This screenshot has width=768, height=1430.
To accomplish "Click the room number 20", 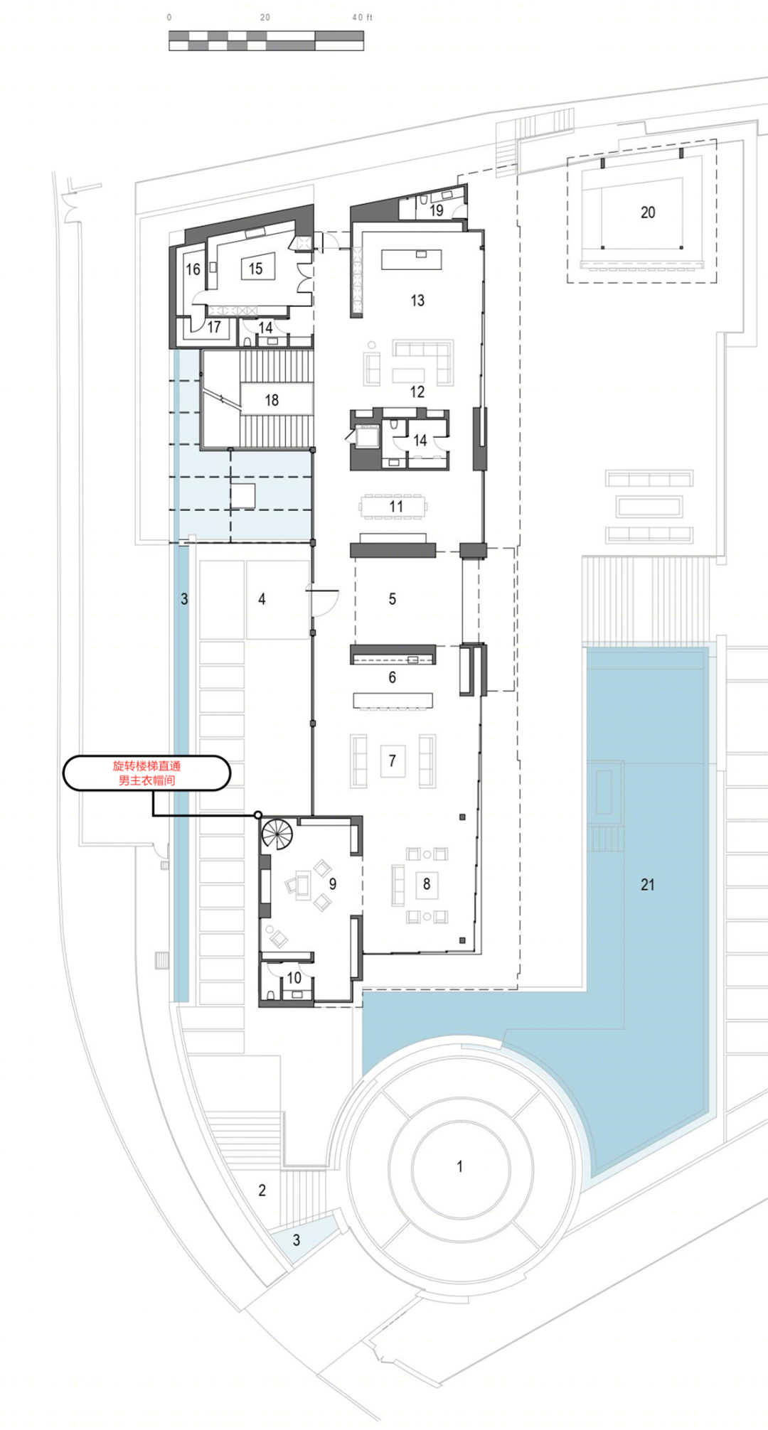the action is click(648, 213).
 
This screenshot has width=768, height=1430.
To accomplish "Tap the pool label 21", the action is click(647, 885).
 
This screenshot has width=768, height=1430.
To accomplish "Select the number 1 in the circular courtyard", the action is click(459, 1166).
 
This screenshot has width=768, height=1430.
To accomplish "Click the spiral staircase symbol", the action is click(277, 833).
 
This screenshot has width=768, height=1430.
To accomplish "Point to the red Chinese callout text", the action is click(146, 773).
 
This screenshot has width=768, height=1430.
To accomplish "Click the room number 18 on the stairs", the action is click(272, 401).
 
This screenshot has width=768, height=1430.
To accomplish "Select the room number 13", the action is click(417, 301).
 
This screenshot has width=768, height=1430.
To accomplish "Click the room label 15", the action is click(255, 269).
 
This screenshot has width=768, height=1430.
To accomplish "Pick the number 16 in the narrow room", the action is click(193, 269).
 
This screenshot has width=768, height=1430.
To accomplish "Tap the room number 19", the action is click(437, 210).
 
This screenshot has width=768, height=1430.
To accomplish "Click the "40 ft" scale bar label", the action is click(362, 17).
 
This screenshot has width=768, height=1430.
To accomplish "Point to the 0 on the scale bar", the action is click(169, 17).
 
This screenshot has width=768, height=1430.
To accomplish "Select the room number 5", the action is click(392, 599).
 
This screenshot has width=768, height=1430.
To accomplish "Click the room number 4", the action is click(262, 599).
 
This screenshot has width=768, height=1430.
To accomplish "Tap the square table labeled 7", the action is click(393, 761).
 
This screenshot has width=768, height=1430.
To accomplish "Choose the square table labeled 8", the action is click(427, 884).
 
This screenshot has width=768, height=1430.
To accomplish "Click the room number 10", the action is click(294, 978).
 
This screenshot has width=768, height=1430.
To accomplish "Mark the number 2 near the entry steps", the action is click(262, 1190).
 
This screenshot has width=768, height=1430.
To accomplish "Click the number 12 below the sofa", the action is click(417, 392).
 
